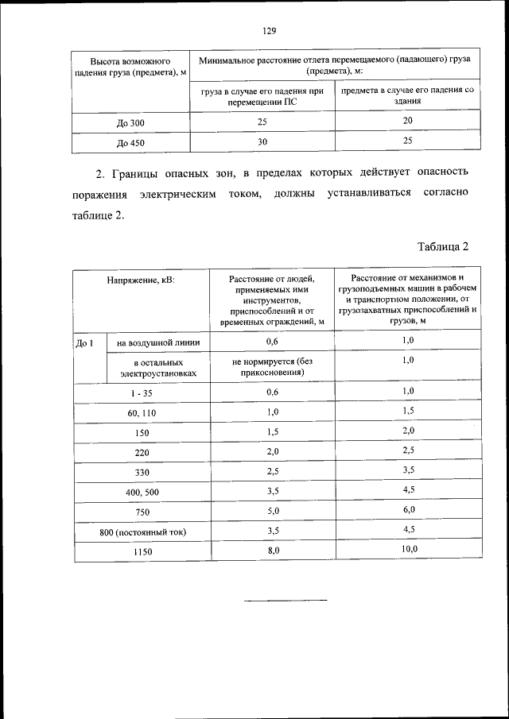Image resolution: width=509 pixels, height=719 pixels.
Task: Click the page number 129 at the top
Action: coord(269,31)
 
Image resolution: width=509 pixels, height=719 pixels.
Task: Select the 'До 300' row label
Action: coord(130,122)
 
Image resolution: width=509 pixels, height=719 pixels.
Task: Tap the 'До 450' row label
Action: coord(130,143)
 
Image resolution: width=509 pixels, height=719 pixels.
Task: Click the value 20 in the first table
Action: coord(407,121)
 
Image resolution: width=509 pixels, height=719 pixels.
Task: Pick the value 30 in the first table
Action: coord(262,141)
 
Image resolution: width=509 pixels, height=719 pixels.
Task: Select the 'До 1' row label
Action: coord(85,342)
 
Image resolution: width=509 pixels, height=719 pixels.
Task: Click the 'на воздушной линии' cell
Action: coord(157,342)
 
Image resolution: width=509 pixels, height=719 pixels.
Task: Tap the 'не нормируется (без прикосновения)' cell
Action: coord(273,366)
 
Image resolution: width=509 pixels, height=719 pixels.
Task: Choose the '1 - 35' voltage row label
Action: coord(142,392)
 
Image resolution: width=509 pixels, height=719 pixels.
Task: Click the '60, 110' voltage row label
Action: coord(142,413)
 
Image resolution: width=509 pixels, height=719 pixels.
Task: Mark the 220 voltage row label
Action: coord(142,453)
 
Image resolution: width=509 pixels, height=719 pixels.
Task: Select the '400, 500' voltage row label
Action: coord(142,493)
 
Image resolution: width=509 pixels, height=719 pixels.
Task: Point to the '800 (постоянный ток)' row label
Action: coord(142,532)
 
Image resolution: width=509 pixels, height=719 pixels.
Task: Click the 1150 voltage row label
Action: coord(142,552)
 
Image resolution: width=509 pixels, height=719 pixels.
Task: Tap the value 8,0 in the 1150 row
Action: coord(273,551)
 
